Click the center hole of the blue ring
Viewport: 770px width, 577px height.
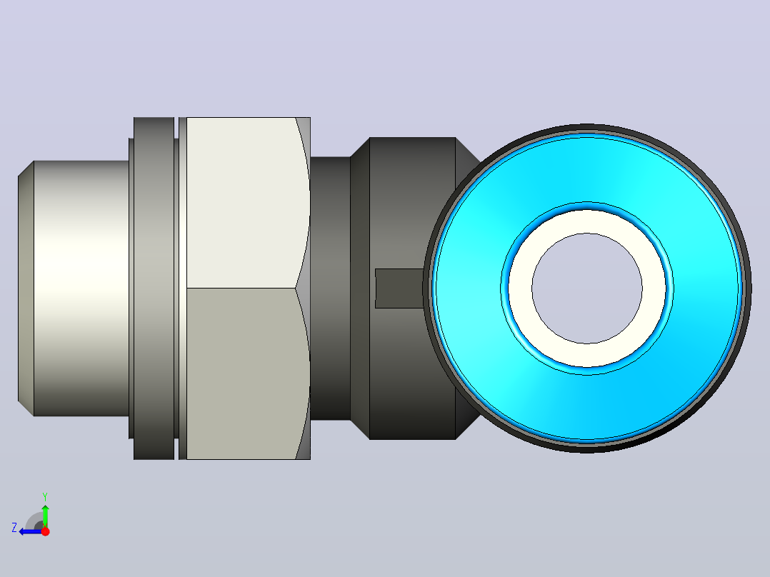587,288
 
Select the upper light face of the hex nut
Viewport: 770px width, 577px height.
241,202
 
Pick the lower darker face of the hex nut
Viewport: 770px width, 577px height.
241,373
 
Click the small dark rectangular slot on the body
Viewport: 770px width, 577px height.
399,288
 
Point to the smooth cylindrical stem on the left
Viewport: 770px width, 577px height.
81,288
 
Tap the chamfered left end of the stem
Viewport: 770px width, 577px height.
26,288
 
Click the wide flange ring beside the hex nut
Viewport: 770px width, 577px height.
154,288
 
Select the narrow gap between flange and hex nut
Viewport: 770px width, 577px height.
176,288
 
